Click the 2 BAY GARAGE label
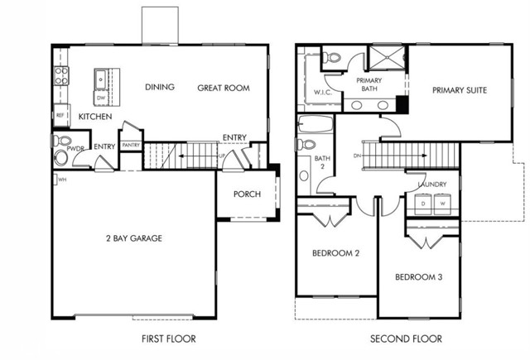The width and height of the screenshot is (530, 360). (x=133, y=238)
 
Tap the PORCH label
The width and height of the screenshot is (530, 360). (x=247, y=194)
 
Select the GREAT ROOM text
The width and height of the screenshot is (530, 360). (x=223, y=88)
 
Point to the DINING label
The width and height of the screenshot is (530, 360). (x=159, y=88)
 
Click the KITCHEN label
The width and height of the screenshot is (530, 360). (x=95, y=118)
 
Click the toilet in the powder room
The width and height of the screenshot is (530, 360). (x=60, y=157)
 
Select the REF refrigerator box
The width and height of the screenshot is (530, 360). (x=60, y=115)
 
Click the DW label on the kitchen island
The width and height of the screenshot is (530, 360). (x=100, y=98)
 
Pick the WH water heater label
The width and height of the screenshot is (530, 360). (x=60, y=178)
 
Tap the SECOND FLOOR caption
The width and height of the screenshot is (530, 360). (x=407, y=338)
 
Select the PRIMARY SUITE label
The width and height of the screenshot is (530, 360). (x=458, y=89)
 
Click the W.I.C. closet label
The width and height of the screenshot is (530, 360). (x=322, y=92)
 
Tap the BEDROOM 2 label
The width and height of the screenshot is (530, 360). (x=335, y=253)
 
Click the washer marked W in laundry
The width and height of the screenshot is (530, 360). (x=442, y=203)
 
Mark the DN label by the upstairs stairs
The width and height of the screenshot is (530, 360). (x=356, y=155)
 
